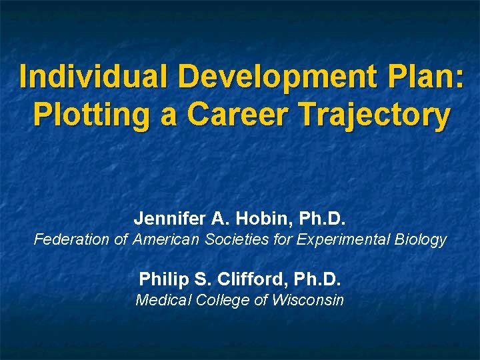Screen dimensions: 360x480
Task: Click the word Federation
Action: pyautogui.click(x=73, y=239)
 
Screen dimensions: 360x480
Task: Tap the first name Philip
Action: pyautogui.click(x=161, y=278)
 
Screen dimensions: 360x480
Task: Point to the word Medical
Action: pyautogui.click(x=163, y=300)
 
